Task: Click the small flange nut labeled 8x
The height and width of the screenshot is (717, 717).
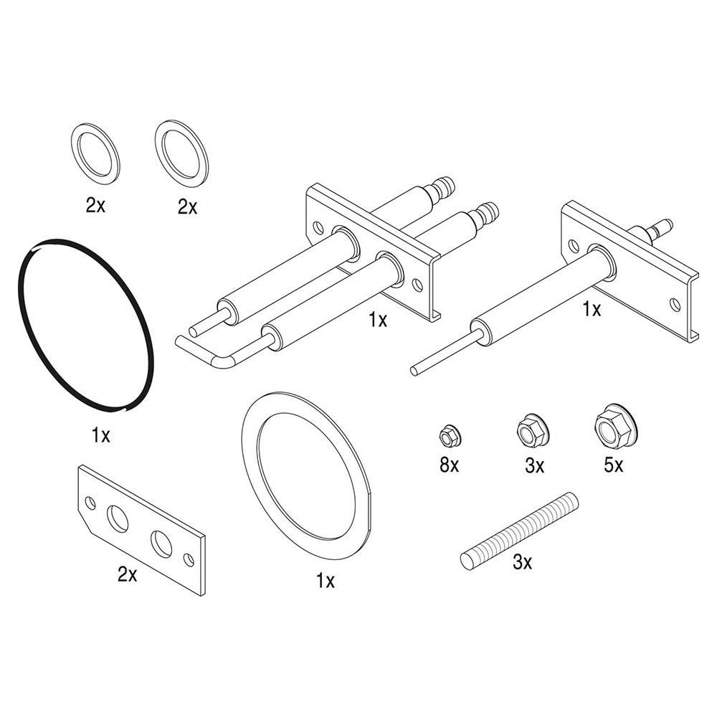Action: [x=450, y=435]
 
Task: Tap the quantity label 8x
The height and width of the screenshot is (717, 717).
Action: [x=450, y=465]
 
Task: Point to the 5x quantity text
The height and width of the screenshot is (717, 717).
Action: [x=613, y=465]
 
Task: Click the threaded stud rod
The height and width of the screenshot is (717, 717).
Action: [x=519, y=530]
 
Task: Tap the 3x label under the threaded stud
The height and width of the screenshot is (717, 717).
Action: [x=522, y=563]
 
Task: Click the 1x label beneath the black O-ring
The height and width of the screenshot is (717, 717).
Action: [x=101, y=435]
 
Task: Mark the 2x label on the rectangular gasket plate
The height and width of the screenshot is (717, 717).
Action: [x=127, y=574]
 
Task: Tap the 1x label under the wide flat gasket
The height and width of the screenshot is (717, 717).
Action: [x=326, y=580]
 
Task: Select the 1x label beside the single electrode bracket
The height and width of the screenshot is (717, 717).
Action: [x=592, y=309]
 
